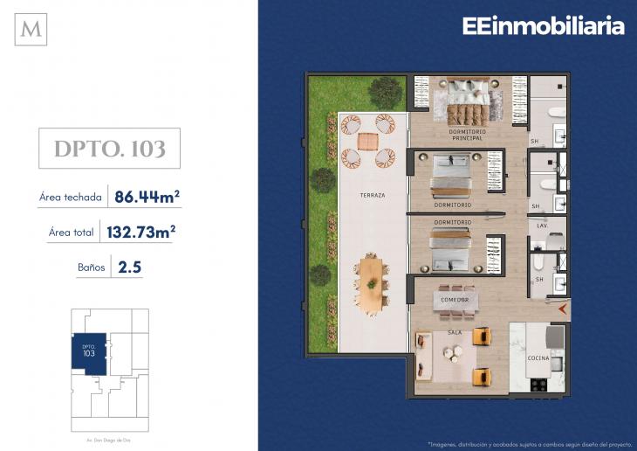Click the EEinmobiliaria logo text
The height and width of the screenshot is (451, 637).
point(544,26)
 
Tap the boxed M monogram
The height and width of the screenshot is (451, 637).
point(31,30)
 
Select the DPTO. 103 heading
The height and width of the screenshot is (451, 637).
point(110,149)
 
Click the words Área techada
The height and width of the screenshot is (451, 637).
point(70,198)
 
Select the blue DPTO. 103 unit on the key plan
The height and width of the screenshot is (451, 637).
point(88,354)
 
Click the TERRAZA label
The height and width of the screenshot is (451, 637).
point(372,195)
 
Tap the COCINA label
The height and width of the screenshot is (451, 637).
point(538,358)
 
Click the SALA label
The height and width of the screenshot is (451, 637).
point(454,332)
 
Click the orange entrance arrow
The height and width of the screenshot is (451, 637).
point(563,309)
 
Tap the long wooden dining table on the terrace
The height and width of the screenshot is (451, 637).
point(373,283)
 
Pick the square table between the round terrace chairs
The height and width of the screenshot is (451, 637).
point(367,141)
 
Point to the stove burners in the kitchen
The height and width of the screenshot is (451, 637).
point(538,383)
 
